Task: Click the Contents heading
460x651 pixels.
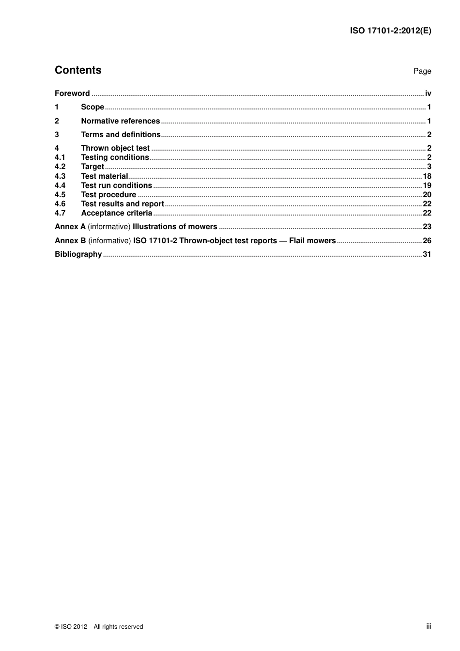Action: coord(78,70)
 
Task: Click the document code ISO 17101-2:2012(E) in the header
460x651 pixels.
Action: coord(390,31)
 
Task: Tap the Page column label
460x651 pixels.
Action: coord(422,71)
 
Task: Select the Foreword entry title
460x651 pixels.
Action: coord(72,93)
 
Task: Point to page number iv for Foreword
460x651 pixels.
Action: coord(428,93)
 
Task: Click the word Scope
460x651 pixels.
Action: coord(92,107)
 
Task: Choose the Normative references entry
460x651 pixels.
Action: coord(120,121)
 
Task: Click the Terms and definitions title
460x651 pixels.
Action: coord(121,135)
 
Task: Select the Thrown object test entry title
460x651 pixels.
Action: coord(115,148)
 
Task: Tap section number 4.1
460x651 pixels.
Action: coord(60,157)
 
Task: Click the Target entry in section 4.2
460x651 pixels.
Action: coord(92,167)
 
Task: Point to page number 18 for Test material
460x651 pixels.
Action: coord(427,176)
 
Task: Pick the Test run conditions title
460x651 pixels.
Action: coord(116,186)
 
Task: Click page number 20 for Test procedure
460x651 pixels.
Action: coord(427,195)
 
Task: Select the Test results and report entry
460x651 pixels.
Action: coord(123,204)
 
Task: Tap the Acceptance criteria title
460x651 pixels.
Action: coord(116,213)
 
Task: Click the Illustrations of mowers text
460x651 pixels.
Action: coord(175,227)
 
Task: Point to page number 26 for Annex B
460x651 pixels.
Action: coord(427,241)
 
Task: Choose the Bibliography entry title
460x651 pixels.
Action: coord(78,254)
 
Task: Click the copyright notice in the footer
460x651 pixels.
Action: coord(99,627)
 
